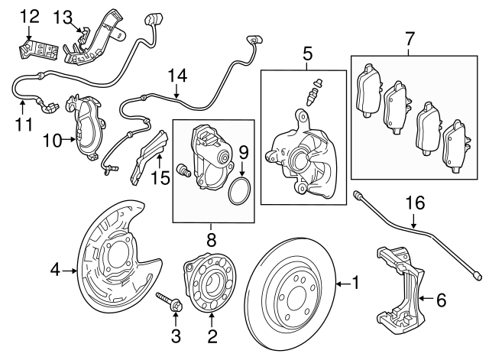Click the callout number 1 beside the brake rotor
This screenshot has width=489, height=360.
click(x=354, y=283)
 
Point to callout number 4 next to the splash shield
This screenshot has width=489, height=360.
click(x=55, y=269)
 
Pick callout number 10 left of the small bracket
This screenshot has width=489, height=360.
click(x=51, y=139)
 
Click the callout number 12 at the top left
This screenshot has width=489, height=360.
click(x=28, y=15)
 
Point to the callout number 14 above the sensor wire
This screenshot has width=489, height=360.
click(x=177, y=76)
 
